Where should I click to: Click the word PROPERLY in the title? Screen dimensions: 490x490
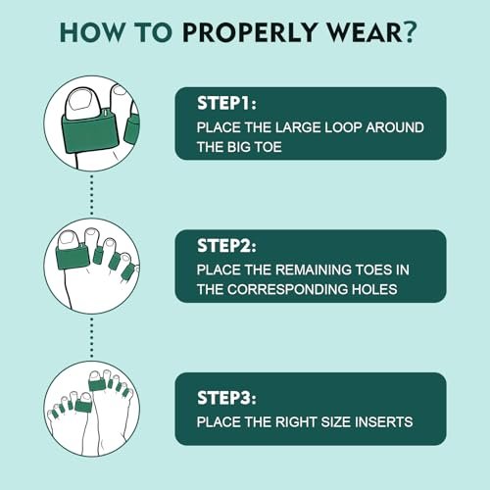click(249, 32)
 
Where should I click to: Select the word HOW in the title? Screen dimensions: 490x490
click(92, 32)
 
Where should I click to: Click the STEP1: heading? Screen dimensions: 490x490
click(226, 103)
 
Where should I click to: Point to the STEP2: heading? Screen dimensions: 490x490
click(226, 246)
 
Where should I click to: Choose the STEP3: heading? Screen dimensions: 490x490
click(226, 398)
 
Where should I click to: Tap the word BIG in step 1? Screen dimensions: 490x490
click(239, 147)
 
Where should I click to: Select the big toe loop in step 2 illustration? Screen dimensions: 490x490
click(72, 257)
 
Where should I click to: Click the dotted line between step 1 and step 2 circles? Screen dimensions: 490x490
click(92, 195)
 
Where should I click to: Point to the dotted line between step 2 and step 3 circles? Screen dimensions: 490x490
click(92, 337)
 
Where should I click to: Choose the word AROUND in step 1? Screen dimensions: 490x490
click(395, 127)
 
